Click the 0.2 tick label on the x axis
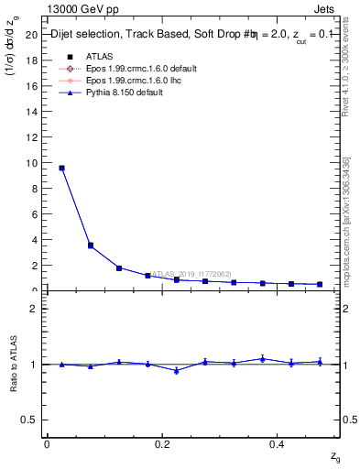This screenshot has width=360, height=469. [x=162, y=444]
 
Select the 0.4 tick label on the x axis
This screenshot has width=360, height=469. [x=277, y=444]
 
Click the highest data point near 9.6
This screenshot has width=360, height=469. [x=61, y=168]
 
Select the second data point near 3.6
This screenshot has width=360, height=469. [x=90, y=245]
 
